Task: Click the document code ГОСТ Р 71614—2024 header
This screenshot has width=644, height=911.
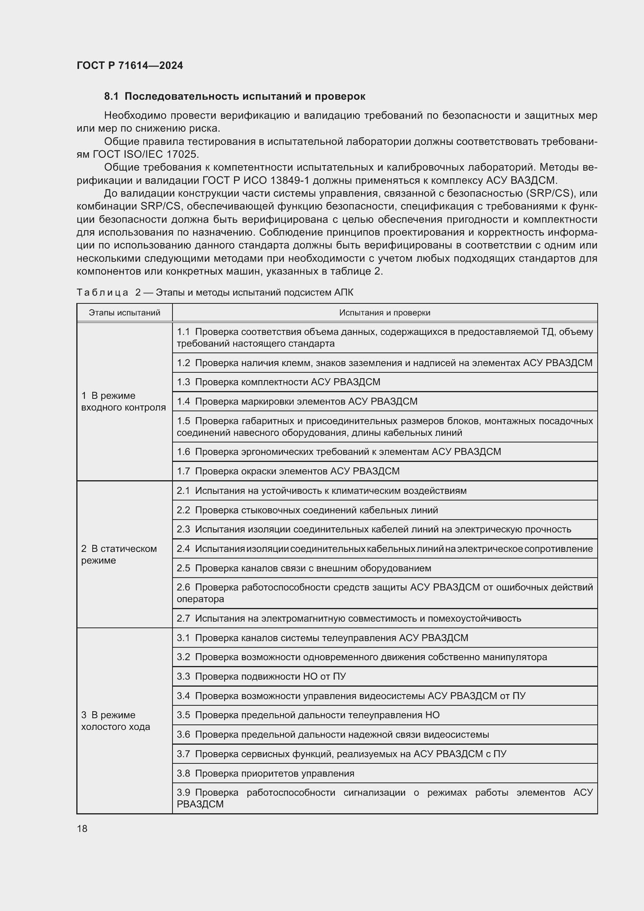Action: [130, 65]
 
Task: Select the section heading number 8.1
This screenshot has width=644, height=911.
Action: [111, 97]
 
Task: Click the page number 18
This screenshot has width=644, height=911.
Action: [82, 828]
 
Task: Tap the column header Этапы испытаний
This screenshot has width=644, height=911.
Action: [125, 313]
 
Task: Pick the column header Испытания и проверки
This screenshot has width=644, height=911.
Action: [385, 313]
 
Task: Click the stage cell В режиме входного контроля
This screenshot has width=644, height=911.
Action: [123, 402]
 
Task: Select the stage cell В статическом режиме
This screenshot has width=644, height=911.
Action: [119, 554]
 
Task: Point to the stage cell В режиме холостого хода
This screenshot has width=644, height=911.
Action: [115, 721]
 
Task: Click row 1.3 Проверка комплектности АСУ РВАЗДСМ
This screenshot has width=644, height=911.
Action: [278, 382]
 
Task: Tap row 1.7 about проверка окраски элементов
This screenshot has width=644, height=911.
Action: [288, 471]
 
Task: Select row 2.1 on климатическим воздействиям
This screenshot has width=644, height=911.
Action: [321, 491]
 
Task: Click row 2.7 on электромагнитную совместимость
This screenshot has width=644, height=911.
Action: [348, 618]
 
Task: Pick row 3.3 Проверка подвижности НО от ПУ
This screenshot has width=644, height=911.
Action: [261, 677]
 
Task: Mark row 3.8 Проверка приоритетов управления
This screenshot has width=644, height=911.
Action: [265, 774]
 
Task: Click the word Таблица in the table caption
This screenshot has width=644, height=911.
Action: [102, 293]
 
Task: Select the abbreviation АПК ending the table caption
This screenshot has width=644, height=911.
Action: [343, 293]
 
